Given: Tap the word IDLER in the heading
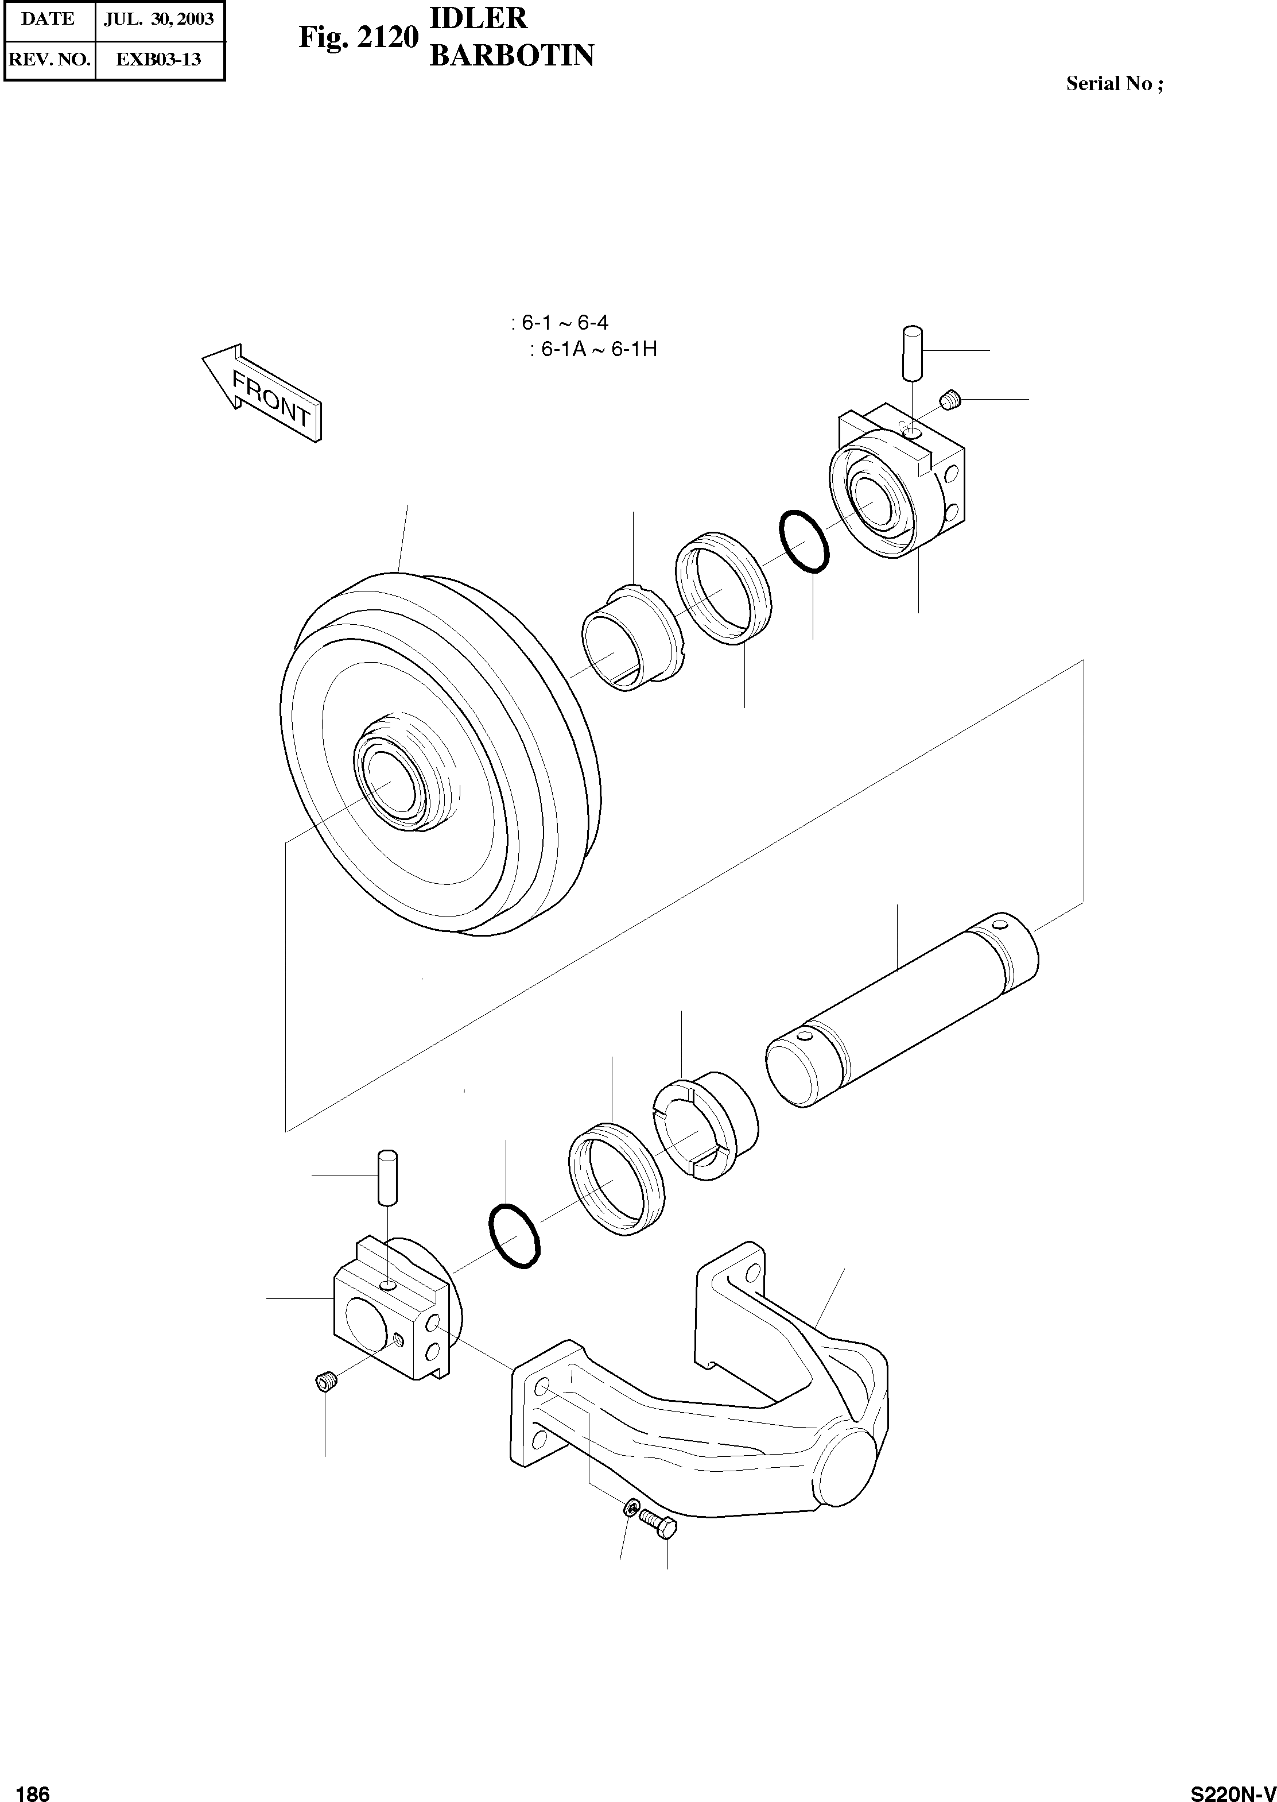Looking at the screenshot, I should click(x=478, y=19).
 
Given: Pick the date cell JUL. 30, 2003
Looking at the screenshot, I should click(x=160, y=20).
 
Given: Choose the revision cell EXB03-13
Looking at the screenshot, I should click(x=160, y=60).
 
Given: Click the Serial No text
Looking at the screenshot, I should click(x=1113, y=84).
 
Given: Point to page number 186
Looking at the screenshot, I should click(x=32, y=1788).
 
